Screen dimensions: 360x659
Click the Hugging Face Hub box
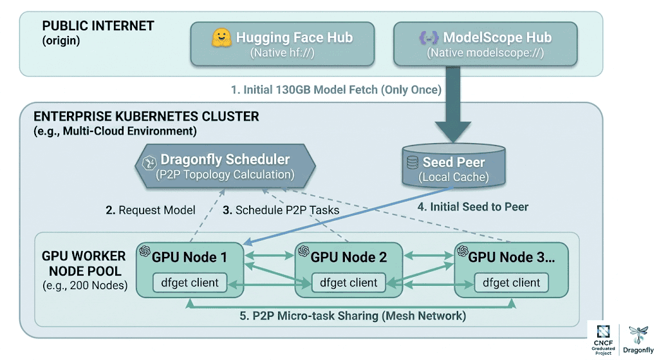[284, 44]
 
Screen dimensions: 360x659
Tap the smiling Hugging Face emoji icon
[221, 38]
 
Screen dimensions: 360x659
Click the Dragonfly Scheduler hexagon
[225, 166]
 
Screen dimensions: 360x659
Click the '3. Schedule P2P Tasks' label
[281, 210]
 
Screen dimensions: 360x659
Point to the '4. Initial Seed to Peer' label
[472, 207]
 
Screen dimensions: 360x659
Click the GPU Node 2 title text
[349, 258]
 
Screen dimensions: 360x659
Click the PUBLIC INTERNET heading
[98, 26]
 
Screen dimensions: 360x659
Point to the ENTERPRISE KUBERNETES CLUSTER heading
[146, 117]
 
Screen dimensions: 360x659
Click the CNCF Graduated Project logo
[603, 338]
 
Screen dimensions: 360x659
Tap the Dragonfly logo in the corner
[638, 338]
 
